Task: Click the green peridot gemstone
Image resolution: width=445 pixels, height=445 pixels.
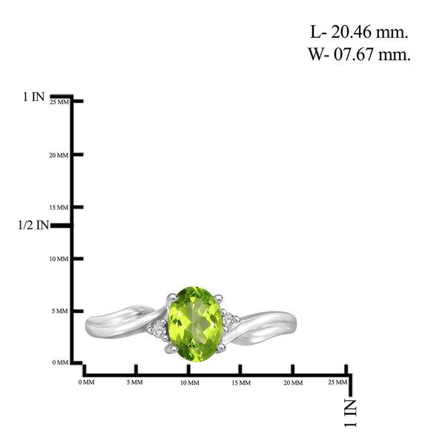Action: (x=195, y=324)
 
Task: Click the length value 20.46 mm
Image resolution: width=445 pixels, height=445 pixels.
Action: (x=369, y=32)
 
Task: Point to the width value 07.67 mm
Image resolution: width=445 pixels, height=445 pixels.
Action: (x=372, y=54)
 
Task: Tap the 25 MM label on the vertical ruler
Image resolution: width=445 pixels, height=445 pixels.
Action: (x=59, y=102)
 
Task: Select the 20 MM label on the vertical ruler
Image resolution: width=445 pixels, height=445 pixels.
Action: (x=59, y=155)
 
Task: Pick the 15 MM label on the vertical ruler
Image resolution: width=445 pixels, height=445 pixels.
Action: (x=59, y=208)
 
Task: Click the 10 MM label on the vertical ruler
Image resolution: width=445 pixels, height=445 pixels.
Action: (x=59, y=259)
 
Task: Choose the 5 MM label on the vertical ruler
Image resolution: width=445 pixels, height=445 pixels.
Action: (x=60, y=311)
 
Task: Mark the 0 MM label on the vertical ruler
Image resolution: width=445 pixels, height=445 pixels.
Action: (x=60, y=363)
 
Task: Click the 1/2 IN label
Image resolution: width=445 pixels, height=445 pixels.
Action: (x=33, y=225)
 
